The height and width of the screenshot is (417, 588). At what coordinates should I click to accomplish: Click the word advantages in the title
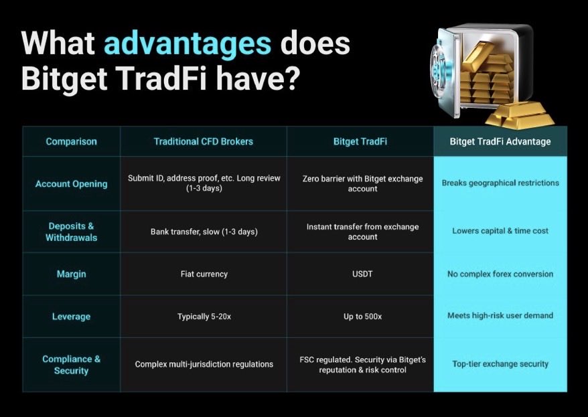pyautogui.click(x=187, y=44)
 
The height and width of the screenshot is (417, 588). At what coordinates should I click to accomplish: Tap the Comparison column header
pyautogui.click(x=71, y=141)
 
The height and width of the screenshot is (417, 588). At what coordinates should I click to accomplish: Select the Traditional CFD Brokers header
pyautogui.click(x=204, y=141)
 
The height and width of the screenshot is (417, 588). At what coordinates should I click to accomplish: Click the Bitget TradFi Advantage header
pyautogui.click(x=500, y=141)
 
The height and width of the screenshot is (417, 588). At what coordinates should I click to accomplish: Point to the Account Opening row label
pyautogui.click(x=71, y=183)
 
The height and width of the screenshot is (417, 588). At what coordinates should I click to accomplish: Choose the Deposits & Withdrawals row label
pyautogui.click(x=71, y=232)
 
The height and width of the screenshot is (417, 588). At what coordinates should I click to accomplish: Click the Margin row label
pyautogui.click(x=71, y=274)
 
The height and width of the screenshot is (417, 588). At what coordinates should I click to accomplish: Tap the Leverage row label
pyautogui.click(x=71, y=316)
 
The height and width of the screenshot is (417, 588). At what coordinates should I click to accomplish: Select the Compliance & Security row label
pyautogui.click(x=71, y=365)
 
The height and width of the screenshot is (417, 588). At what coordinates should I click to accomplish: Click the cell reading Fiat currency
pyautogui.click(x=204, y=274)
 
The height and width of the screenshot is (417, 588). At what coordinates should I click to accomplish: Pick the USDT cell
pyautogui.click(x=362, y=274)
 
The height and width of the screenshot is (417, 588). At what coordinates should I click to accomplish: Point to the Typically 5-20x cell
pyautogui.click(x=204, y=316)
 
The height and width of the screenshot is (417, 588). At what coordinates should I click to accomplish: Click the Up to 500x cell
pyautogui.click(x=362, y=316)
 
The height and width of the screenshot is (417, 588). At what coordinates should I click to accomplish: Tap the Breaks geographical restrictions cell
pyautogui.click(x=500, y=183)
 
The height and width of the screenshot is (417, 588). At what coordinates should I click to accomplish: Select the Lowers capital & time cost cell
pyautogui.click(x=500, y=231)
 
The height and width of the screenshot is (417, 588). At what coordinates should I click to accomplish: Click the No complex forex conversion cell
pyautogui.click(x=500, y=274)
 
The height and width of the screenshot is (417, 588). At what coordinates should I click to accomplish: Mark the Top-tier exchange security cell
pyautogui.click(x=500, y=364)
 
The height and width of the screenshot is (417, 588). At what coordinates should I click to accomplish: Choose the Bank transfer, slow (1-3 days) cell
pyautogui.click(x=204, y=232)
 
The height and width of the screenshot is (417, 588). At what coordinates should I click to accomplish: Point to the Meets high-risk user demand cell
pyautogui.click(x=500, y=315)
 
